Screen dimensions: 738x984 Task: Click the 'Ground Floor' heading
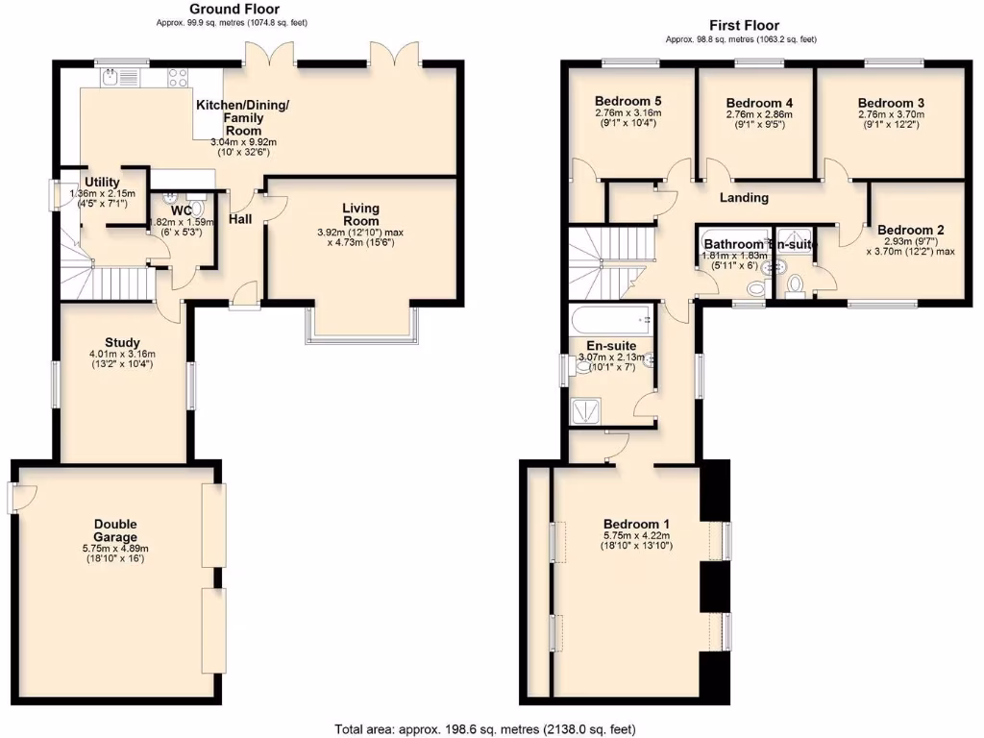click(x=221, y=10)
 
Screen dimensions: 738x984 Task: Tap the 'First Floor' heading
click(x=744, y=26)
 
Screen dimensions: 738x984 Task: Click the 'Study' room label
click(x=123, y=342)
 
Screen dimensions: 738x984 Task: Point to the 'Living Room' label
click(x=361, y=214)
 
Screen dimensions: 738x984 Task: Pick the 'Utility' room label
click(x=101, y=182)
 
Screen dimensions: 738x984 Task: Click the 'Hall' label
click(x=240, y=219)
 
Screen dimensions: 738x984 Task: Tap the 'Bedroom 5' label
click(x=627, y=101)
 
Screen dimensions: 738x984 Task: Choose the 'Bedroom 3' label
click(x=891, y=103)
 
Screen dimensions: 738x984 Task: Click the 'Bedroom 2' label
click(x=910, y=230)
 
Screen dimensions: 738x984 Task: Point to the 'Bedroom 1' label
click(x=636, y=524)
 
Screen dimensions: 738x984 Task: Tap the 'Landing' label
click(x=745, y=198)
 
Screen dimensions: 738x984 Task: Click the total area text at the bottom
click(x=484, y=728)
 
